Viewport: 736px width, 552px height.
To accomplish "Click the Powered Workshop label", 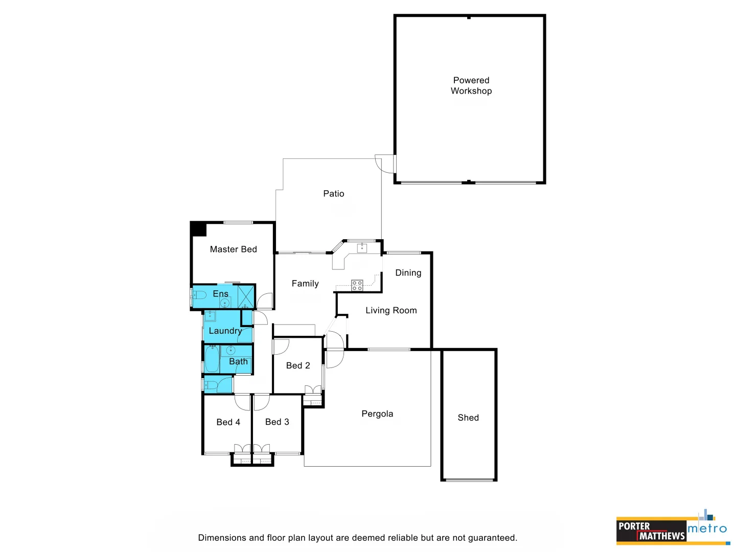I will click(x=471, y=85).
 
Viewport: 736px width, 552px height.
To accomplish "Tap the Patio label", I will click(x=333, y=194).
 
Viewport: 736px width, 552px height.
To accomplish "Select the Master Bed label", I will click(x=233, y=249).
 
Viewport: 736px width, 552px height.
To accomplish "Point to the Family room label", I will click(x=305, y=284).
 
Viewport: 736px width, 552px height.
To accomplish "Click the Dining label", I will click(x=408, y=273).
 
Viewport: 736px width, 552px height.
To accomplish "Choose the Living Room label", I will click(x=391, y=310).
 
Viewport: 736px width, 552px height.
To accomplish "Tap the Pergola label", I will click(x=377, y=414).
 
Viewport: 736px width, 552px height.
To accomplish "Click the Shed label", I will click(x=468, y=418).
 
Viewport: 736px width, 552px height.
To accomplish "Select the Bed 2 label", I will click(x=298, y=365).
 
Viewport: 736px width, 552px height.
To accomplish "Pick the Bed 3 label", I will click(x=277, y=422).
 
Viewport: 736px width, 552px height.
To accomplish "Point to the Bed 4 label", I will click(x=228, y=422).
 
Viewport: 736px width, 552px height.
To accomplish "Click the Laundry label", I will click(x=225, y=331).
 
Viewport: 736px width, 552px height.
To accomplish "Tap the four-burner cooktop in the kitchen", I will click(x=357, y=285).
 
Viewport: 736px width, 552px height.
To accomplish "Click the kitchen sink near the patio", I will click(x=362, y=248).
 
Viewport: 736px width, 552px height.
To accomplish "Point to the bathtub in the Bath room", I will click(x=212, y=359).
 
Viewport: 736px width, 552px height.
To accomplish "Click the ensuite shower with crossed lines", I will click(x=246, y=296).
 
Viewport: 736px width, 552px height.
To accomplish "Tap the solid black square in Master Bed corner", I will click(x=198, y=228).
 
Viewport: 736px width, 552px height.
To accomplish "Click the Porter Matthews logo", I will click(x=651, y=531).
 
